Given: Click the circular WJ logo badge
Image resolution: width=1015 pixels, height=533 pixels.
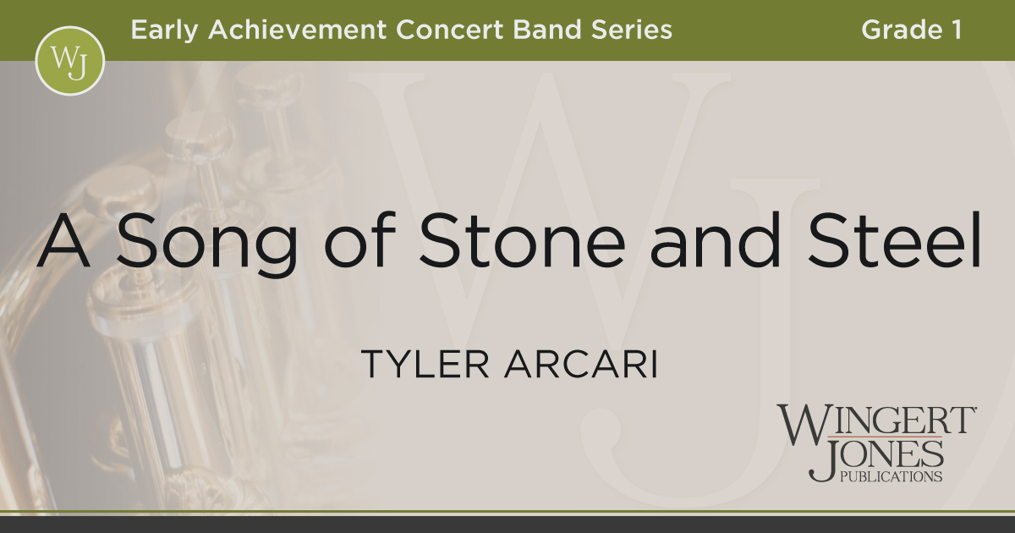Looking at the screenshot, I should point(69,61).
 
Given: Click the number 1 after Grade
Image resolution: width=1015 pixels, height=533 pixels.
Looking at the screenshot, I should point(955,30).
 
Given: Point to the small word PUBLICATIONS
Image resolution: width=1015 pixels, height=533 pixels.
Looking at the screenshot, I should point(890,477).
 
